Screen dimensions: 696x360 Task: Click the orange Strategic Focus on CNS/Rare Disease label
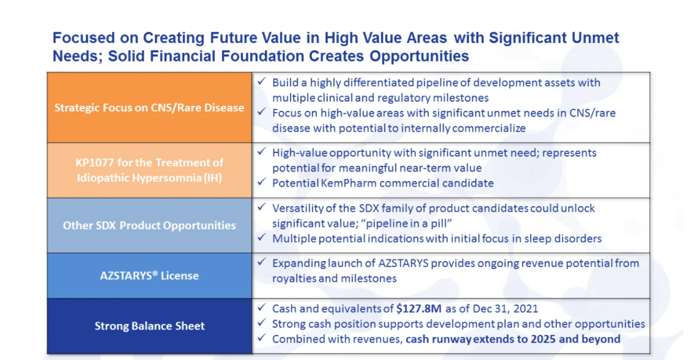[149, 107]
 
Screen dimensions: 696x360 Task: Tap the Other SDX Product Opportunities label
[149, 225]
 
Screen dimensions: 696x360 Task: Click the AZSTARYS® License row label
[149, 275]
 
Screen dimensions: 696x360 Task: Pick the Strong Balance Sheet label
[150, 326]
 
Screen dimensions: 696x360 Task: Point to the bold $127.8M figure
[419, 308]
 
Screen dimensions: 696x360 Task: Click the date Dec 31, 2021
[505, 308]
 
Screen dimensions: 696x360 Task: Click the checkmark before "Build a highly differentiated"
[262, 81]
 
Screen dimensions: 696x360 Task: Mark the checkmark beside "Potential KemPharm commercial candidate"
[262, 181]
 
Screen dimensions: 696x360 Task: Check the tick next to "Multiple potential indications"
[262, 237]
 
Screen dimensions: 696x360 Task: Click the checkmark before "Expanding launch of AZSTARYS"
[262, 262]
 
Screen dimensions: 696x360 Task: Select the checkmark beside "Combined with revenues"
[262, 337]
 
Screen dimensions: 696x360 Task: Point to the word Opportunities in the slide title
[419, 56]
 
